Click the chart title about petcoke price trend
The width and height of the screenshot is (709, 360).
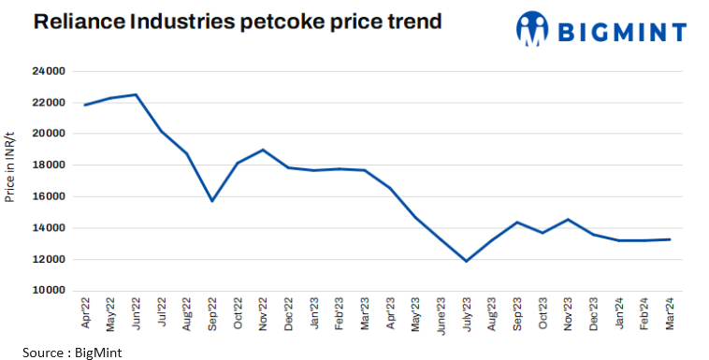click(x=238, y=22)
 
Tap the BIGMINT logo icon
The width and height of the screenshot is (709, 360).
click(x=531, y=29)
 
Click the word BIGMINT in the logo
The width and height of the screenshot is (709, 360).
click(x=621, y=31)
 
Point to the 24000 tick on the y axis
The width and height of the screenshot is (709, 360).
click(x=48, y=71)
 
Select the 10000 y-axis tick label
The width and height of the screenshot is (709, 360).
click(x=48, y=291)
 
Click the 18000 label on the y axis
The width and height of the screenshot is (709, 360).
click(x=48, y=166)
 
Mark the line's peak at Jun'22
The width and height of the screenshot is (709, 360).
click(x=137, y=94)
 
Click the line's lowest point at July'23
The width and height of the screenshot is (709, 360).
click(x=466, y=261)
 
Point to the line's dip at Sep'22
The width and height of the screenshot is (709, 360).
click(x=212, y=200)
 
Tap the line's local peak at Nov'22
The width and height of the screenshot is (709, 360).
click(x=263, y=150)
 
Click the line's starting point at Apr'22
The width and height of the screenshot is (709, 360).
click(x=86, y=105)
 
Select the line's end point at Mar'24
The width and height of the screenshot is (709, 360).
click(x=668, y=239)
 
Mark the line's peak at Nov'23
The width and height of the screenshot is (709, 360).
click(x=567, y=220)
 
